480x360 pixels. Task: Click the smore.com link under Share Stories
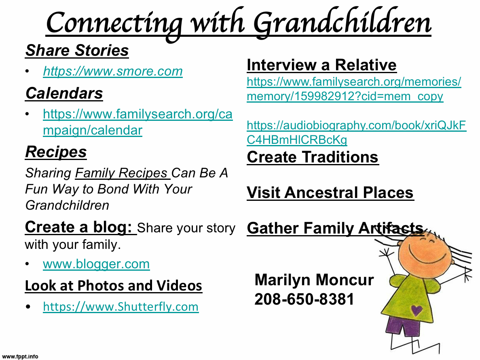[x=113, y=71]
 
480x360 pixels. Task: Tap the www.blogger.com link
[x=96, y=264]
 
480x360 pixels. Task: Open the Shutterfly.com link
[x=121, y=307]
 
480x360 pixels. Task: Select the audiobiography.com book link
[x=356, y=133]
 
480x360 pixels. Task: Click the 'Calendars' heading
[x=64, y=93]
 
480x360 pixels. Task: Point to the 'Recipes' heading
[x=56, y=152]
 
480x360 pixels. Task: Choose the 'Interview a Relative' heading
[x=321, y=65]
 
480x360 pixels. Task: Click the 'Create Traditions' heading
[x=313, y=157]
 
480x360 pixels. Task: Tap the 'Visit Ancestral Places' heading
[x=330, y=193]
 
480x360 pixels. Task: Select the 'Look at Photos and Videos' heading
[x=114, y=286]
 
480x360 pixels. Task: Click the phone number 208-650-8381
[x=304, y=299]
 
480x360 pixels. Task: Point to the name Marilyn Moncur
[x=314, y=280]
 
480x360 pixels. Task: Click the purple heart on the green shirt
[x=417, y=310]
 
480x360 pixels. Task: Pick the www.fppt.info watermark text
[x=20, y=356]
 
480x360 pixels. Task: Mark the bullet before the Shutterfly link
[x=28, y=307]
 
